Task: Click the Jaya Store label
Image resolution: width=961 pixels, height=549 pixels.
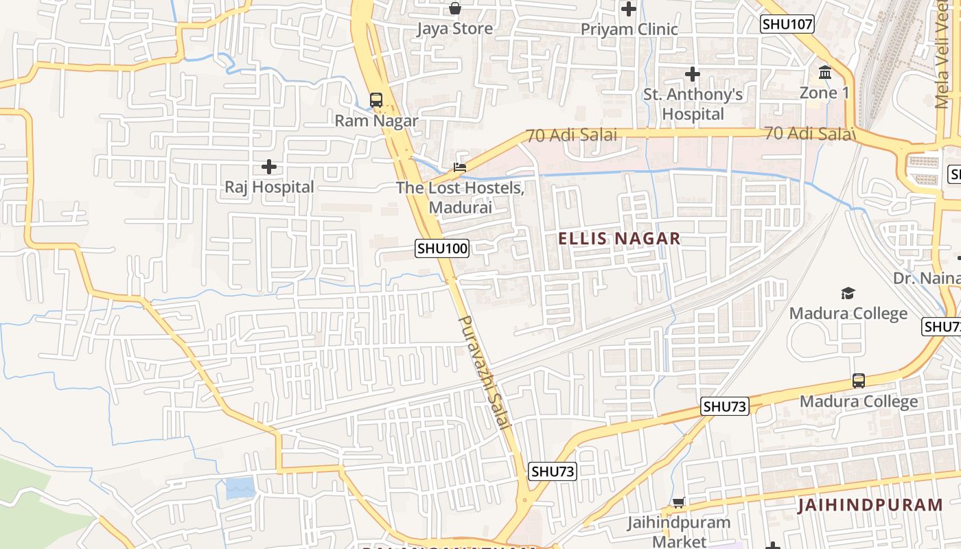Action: (x=454, y=29)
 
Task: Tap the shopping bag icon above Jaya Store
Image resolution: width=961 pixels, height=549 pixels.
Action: (x=454, y=8)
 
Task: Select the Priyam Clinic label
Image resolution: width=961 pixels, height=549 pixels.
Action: (x=629, y=30)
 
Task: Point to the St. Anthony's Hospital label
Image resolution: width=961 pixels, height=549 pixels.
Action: (x=693, y=104)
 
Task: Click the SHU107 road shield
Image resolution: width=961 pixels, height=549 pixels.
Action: (x=787, y=25)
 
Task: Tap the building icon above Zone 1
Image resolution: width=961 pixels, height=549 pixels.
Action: (x=825, y=72)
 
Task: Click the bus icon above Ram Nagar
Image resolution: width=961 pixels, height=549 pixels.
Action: (x=376, y=100)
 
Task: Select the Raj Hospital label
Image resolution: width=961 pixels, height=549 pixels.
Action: (x=269, y=187)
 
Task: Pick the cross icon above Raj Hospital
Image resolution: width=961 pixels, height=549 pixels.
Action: (x=269, y=167)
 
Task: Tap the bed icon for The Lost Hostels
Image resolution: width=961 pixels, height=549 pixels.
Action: (x=459, y=167)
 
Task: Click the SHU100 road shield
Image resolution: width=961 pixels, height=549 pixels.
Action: (x=442, y=248)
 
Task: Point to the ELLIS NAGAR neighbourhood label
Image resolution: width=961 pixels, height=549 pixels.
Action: (x=619, y=239)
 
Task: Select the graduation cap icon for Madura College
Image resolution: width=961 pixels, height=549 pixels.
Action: (x=848, y=294)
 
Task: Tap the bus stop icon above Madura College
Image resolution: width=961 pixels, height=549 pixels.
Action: (x=858, y=381)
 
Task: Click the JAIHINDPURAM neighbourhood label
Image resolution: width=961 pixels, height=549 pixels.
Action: (x=870, y=506)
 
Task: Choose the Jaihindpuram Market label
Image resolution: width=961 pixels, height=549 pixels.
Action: (x=678, y=532)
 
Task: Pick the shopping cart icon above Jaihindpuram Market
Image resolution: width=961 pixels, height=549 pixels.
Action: (x=678, y=503)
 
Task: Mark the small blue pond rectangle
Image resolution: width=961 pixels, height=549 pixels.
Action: (x=240, y=488)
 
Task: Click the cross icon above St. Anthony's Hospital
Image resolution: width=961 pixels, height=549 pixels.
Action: (x=693, y=74)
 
